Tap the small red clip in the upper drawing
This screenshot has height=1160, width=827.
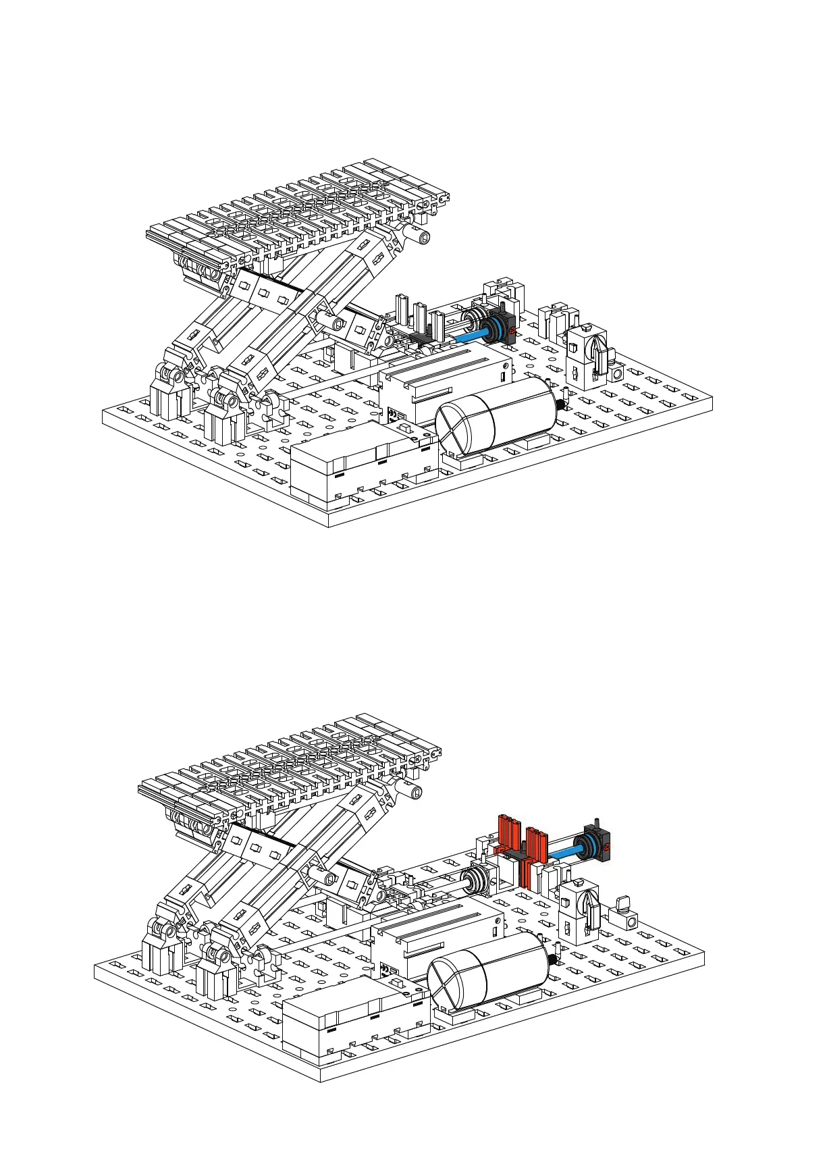pyautogui.click(x=512, y=331)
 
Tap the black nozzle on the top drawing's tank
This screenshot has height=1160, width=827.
pyautogui.click(x=560, y=404)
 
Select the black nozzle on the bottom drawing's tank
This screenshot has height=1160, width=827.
pyautogui.click(x=553, y=957)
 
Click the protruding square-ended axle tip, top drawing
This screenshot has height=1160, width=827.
pyautogui.click(x=423, y=236)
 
